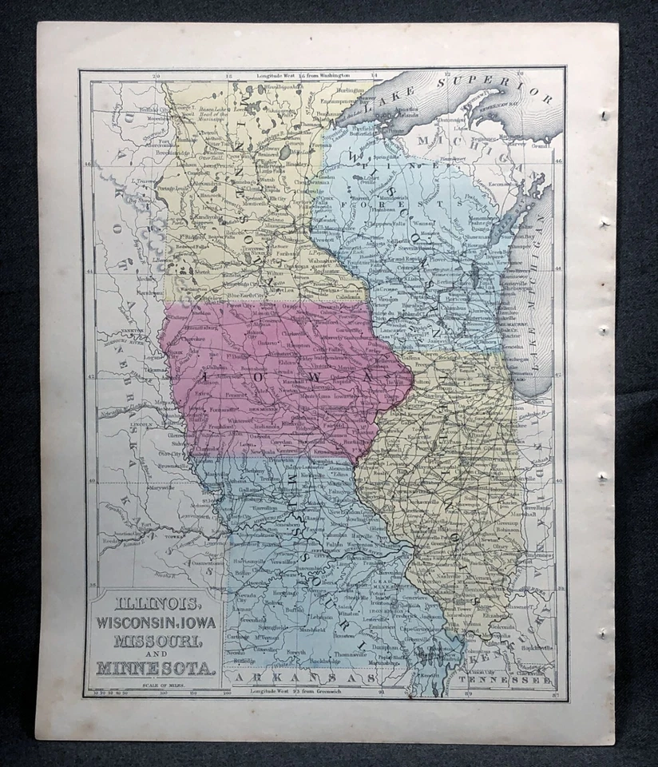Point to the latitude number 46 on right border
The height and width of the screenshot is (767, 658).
(559, 161)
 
